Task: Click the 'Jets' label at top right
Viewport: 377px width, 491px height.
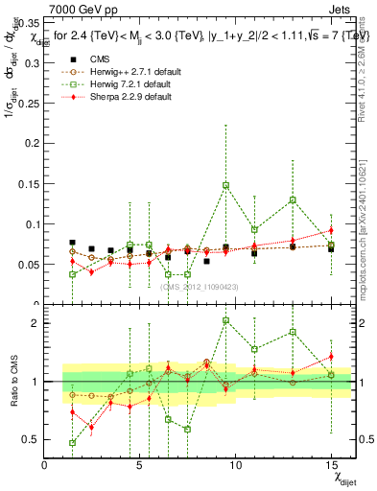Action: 337,9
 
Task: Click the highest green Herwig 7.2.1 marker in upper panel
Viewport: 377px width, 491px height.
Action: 225,185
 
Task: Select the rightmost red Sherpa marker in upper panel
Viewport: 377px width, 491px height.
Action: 331,230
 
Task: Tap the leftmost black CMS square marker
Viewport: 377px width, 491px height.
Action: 73,243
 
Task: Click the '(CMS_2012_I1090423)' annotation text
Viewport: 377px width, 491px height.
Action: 199,286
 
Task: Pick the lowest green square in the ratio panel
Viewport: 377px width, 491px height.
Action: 73,442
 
